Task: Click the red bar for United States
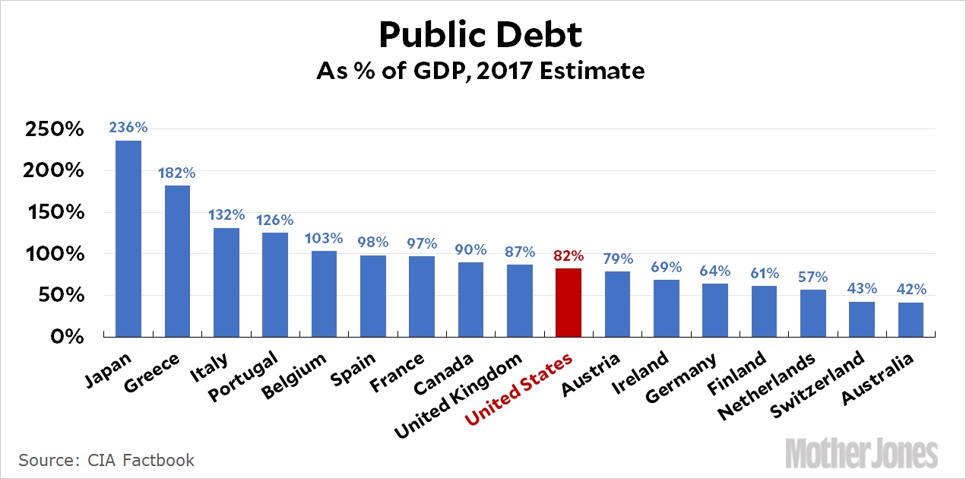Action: pyautogui.click(x=569, y=302)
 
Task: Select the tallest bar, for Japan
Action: pyautogui.click(x=128, y=238)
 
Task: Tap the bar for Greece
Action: pyautogui.click(x=177, y=261)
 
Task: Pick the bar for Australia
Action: pyautogui.click(x=911, y=319)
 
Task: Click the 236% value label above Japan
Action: pyautogui.click(x=128, y=128)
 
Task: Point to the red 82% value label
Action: pyautogui.click(x=569, y=255)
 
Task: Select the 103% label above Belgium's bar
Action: pyautogui.click(x=324, y=238)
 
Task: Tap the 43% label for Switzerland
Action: pyautogui.click(x=862, y=289)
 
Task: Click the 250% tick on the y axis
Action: pyautogui.click(x=54, y=129)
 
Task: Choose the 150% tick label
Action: pyautogui.click(x=54, y=212)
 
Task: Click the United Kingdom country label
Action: pyautogui.click(x=458, y=395)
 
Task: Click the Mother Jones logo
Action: pyautogui.click(x=861, y=452)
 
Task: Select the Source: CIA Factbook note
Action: pyautogui.click(x=106, y=460)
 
